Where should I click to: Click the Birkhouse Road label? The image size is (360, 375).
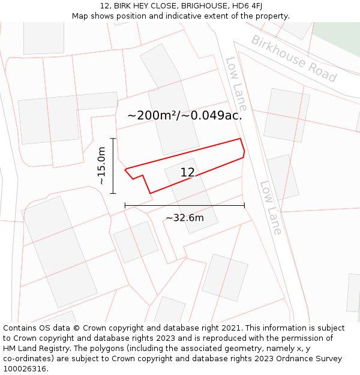[293, 58]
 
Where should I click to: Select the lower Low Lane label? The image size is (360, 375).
[271, 208]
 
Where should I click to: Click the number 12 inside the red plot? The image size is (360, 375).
[187, 173]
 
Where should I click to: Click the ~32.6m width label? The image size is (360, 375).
[185, 218]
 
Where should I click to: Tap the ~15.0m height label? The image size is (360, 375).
[101, 166]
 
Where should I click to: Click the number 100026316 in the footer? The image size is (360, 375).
[24, 369]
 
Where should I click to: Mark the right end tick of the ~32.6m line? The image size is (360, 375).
[244, 205]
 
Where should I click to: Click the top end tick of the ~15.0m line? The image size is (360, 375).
[113, 139]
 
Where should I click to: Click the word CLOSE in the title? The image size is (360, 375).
[154, 6]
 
